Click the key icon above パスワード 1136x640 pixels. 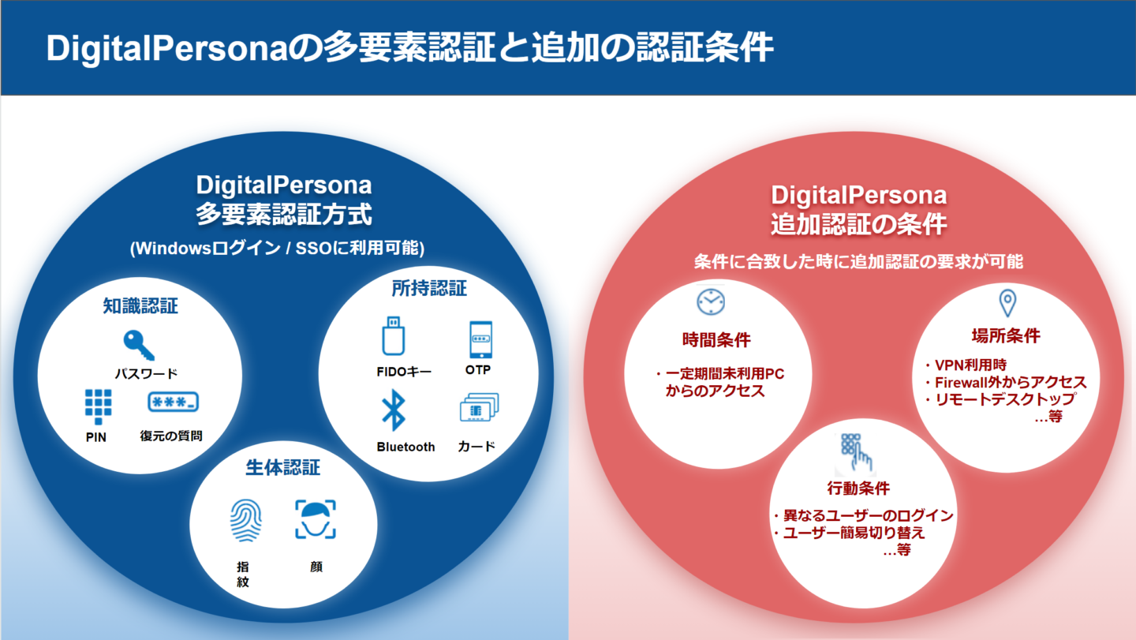pos(138,345)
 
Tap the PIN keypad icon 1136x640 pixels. pos(99,406)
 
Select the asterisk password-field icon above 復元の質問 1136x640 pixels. pos(173,402)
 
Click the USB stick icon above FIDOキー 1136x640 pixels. pos(393,335)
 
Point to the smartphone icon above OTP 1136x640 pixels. pos(480,339)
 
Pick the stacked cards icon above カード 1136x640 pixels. pos(480,407)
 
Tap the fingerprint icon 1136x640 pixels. pos(246,520)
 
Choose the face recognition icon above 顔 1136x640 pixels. pos(316,519)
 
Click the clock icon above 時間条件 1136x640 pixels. pos(711,302)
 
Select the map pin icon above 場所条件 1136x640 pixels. pos(1007,303)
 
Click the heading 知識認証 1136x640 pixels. pos(140,306)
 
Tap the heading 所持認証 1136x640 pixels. pos(429,289)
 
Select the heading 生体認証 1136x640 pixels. pos(283,468)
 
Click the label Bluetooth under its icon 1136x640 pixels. pos(405,447)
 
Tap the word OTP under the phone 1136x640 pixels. pos(478,369)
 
